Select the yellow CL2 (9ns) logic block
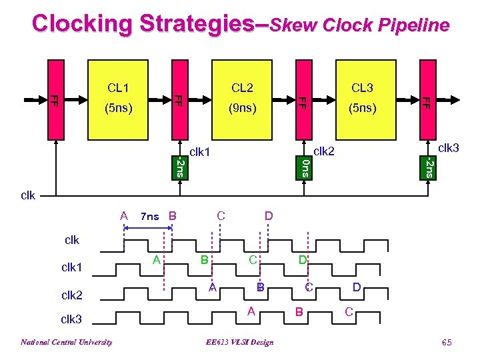tap(242, 97)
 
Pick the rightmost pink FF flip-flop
tap(427, 99)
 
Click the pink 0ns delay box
tap(303, 167)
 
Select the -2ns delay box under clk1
tap(179, 167)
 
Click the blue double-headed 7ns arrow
tap(149, 229)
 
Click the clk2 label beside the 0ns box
tap(325, 151)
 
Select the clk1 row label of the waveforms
tap(71, 267)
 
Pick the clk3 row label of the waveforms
tap(71, 319)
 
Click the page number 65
tap(446, 342)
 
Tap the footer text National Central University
tap(66, 343)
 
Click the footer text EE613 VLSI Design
tap(240, 343)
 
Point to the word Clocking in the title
tap(83, 24)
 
